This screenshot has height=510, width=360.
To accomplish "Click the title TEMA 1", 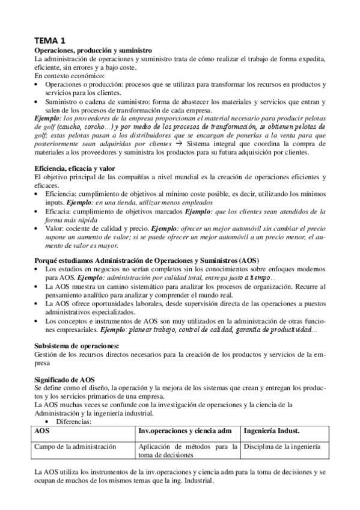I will pyautogui.click(x=50, y=40).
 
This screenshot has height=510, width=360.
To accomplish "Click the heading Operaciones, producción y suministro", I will pyautogui.click(x=93, y=50).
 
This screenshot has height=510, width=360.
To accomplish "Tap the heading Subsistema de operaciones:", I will pyautogui.click(x=76, y=345).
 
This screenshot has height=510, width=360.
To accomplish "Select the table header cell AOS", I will pyautogui.click(x=42, y=432).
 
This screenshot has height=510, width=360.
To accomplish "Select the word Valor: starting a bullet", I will pyautogui.click(x=55, y=229).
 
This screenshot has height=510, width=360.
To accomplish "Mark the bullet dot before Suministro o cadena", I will pyautogui.click(x=37, y=102).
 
